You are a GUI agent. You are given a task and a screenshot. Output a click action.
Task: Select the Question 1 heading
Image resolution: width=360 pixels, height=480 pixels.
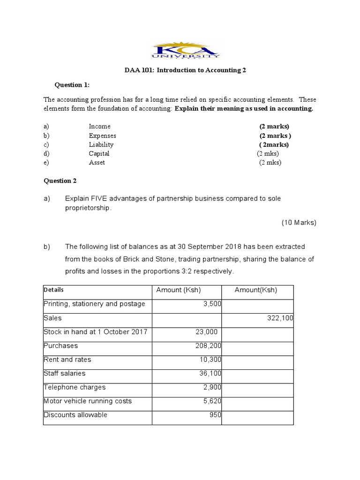[x=72, y=85]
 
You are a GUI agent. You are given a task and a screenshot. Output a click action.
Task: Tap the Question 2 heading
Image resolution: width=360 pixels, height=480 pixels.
[x=60, y=180]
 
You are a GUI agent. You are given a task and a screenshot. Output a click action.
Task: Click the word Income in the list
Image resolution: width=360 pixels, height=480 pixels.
[x=99, y=126]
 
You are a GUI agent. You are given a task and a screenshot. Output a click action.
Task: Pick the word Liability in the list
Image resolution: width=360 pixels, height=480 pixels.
[x=101, y=144]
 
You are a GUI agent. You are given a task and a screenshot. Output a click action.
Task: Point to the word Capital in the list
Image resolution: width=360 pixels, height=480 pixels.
[x=99, y=153]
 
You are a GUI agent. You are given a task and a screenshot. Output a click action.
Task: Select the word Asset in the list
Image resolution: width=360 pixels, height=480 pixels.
[x=97, y=163]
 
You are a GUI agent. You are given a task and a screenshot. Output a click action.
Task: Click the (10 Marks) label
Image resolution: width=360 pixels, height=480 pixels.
[x=299, y=223]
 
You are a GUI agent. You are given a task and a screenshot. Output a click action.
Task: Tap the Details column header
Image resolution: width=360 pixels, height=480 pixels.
[x=53, y=290]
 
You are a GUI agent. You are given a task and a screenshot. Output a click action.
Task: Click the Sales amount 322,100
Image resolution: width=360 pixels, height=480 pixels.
[x=280, y=318]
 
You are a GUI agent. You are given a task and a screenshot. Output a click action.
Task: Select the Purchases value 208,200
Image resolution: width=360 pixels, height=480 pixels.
[x=208, y=345]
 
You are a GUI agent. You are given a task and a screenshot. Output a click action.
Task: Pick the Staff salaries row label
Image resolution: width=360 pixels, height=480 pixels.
[x=64, y=374]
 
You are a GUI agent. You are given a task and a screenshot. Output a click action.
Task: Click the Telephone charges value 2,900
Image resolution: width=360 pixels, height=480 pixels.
[x=212, y=387]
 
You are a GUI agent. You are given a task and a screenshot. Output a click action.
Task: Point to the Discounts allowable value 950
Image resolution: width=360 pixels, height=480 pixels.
[x=215, y=415]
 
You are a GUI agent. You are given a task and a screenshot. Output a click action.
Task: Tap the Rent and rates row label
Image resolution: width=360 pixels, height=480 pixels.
[x=67, y=360]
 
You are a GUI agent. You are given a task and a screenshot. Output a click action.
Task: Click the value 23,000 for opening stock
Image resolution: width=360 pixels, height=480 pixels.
[x=206, y=332]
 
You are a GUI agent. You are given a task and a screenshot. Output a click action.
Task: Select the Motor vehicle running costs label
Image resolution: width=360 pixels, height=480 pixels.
[x=88, y=401]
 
